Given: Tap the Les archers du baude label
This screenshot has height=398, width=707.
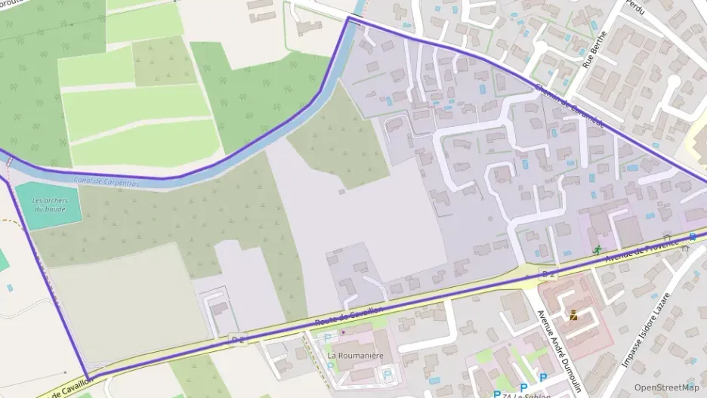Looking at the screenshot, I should pos(51,205).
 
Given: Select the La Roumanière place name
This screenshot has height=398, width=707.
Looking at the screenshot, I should pos(352,354).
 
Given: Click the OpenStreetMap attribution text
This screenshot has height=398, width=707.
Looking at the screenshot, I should pos(665,387).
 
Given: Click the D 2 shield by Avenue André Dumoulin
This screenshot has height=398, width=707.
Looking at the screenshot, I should pos(548,271).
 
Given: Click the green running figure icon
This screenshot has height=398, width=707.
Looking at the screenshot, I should pos(597,249).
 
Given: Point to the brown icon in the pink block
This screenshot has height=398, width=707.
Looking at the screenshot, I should pos(574,316).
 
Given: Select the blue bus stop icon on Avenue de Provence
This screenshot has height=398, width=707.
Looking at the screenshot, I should pos(693,237).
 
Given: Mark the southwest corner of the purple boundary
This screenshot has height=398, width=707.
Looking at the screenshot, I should pos(88,378).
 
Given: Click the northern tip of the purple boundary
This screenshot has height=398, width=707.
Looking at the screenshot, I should pos(348,18).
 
